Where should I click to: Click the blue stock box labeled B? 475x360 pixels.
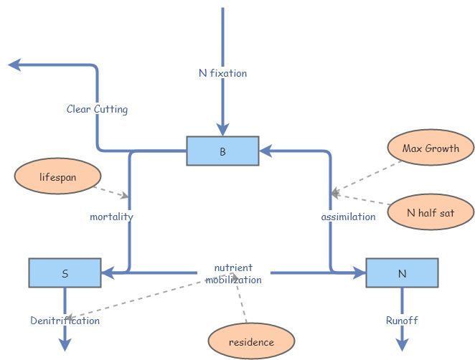tap(222, 151)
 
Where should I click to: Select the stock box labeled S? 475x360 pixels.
tap(65, 273)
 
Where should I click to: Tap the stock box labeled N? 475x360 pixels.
tap(401, 273)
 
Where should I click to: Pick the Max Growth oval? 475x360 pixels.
tap(429, 149)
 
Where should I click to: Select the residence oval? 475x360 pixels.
tap(251, 342)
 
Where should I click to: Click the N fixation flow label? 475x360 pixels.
tap(222, 72)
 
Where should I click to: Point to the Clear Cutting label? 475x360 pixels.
tap(97, 110)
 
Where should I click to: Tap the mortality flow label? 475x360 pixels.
tap(111, 216)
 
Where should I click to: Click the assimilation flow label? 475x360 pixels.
tap(347, 216)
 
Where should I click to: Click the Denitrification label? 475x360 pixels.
tap(65, 321)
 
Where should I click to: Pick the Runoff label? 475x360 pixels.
tap(401, 321)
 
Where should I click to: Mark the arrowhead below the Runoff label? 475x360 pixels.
tap(401, 345)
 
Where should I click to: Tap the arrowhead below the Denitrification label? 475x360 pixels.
tap(65, 345)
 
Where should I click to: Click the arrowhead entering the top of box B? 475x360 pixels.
tap(222, 130)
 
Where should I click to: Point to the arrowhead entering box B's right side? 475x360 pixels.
tap(265, 151)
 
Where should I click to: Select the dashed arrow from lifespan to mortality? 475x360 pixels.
tap(111, 191)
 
